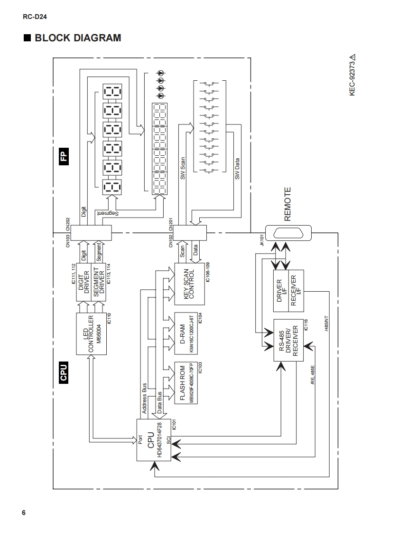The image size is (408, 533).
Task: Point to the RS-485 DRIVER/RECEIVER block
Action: pos(288,340)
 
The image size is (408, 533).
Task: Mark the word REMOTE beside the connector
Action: pos(287,204)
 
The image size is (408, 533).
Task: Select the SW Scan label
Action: pos(183,168)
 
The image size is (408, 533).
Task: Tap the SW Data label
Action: pos(237,168)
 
